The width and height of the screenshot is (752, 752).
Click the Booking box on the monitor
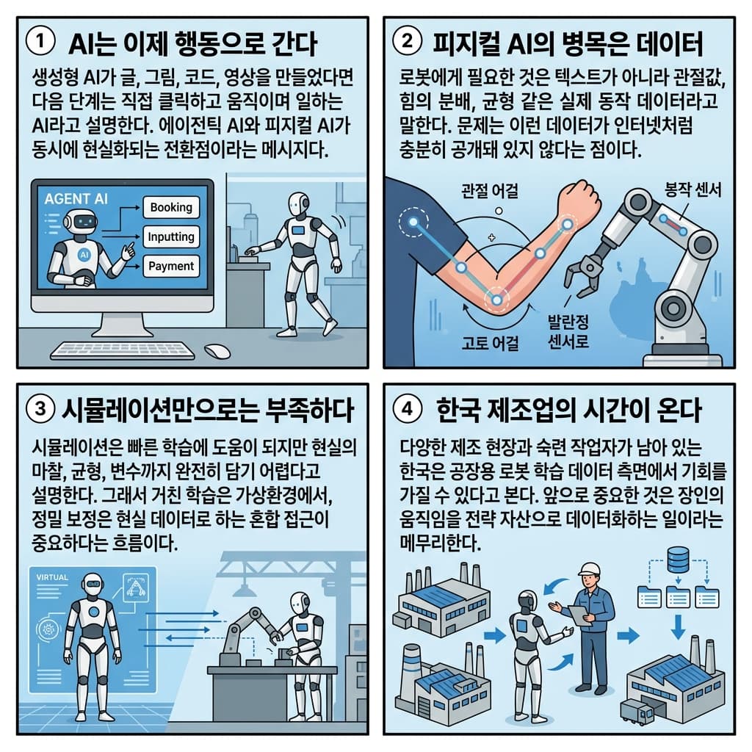170,208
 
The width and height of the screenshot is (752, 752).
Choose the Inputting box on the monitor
170,237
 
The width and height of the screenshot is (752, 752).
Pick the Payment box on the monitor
170,267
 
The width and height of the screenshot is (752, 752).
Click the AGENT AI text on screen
76,199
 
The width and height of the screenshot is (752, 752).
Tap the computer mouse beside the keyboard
217,351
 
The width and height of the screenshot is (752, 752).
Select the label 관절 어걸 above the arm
490,192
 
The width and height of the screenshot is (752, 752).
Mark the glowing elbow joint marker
496,300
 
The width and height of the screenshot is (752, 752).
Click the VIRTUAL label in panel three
51,578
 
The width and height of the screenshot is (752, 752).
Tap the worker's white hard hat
589,570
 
